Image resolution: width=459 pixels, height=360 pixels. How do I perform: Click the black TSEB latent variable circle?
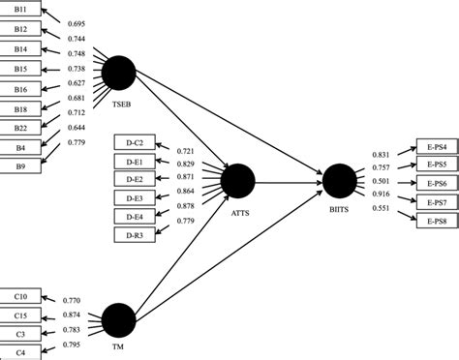119,73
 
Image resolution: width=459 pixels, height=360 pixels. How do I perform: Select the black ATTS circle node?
237,180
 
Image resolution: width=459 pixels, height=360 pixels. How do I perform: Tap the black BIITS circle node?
340,180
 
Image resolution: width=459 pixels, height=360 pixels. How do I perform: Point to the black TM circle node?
118,320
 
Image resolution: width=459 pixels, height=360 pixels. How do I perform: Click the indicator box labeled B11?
20,10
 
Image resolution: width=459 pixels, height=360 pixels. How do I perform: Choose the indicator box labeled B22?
20,128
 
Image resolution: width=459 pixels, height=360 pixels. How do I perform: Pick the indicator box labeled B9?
20,166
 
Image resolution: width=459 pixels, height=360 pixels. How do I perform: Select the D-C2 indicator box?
134,143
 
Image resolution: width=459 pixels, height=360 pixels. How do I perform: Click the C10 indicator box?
20,296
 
